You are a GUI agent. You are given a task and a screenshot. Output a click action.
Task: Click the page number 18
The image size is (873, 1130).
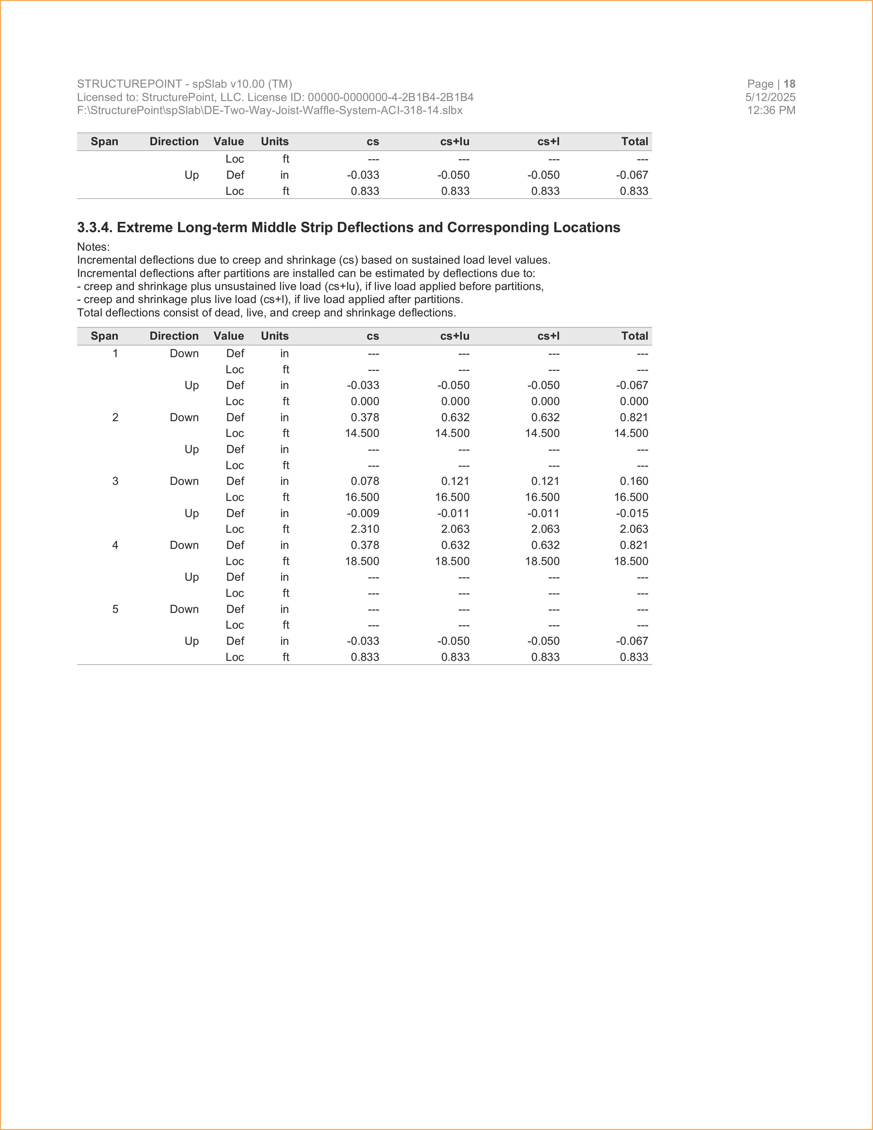pos(789,84)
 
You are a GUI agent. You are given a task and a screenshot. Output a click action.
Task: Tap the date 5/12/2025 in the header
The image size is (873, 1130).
pos(770,97)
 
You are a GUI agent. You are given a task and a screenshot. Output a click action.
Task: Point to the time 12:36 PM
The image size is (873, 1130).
pos(771,110)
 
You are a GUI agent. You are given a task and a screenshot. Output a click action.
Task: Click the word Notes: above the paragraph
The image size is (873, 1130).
pos(93,247)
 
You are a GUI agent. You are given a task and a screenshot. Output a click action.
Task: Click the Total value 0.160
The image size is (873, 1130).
pos(634,481)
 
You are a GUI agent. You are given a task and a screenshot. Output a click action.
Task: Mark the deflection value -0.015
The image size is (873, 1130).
pos(632,513)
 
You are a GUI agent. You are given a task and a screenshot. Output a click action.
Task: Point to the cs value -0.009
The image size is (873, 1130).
pos(363,513)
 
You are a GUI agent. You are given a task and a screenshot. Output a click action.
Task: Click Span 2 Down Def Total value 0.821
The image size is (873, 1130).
pos(634,417)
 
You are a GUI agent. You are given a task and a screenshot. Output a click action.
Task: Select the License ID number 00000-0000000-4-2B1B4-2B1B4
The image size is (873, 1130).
pos(391,97)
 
